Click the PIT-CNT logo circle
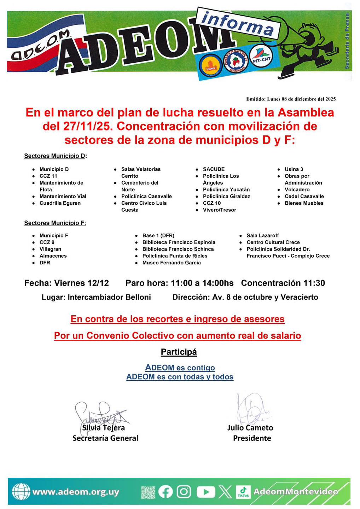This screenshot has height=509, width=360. point(261,58)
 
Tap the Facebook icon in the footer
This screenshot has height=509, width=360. point(166,492)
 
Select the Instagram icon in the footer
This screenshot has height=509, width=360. point(184,492)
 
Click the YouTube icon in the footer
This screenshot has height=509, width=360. point(205,492)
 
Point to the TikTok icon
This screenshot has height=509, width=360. point(243,492)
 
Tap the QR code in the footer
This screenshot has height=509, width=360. point(148,492)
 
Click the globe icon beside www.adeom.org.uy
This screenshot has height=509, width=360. point(21,492)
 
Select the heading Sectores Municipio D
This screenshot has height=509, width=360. point(55,156)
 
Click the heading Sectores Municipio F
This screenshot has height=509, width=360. point(55,223)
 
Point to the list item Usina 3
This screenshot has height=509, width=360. point(294,169)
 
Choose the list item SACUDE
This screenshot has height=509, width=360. point(214,169)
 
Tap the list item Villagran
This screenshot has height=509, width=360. point(50,249)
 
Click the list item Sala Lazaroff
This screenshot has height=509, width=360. point(263,235)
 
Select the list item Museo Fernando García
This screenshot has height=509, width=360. point(172,263)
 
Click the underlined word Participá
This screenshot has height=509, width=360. point(179,352)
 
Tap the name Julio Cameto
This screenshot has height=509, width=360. point(250,428)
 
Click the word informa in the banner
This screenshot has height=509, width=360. point(237,23)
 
